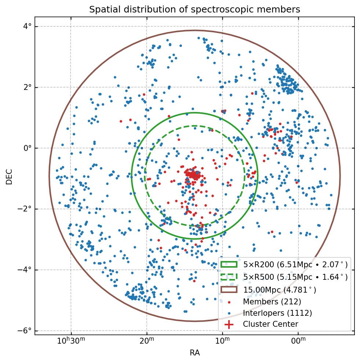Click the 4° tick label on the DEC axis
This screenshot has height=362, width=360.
(28, 26)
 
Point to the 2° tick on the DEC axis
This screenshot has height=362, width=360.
(28, 87)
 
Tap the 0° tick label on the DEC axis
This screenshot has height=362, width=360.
(28, 148)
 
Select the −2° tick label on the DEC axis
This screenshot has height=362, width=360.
(26, 209)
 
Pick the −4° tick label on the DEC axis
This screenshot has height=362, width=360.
(26, 270)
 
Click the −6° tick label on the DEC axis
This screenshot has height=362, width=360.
(26, 331)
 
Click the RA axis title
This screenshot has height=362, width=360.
(194, 353)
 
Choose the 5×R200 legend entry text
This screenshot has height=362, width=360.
(295, 264)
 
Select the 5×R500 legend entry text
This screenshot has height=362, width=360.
(295, 277)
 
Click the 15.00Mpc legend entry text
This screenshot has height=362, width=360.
(279, 290)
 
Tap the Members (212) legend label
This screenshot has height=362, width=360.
(272, 302)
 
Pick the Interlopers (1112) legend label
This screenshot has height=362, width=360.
(277, 313)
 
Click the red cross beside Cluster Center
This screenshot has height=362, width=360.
(229, 324)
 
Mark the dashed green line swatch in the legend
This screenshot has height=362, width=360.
(229, 276)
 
